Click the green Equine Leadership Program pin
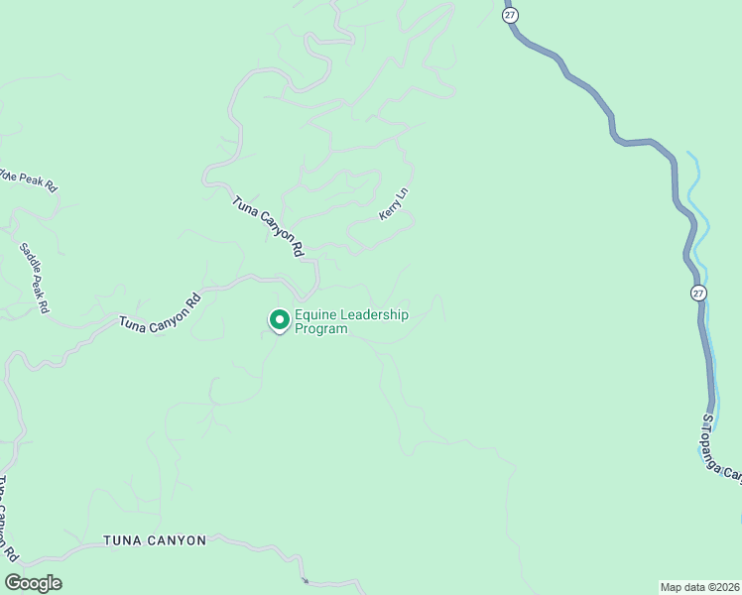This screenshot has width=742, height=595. click(x=279, y=319)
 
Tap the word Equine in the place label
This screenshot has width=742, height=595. click(x=316, y=314)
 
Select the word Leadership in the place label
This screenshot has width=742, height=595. click(x=374, y=314)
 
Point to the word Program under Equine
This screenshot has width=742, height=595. click(x=321, y=329)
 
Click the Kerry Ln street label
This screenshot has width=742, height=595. click(x=394, y=203)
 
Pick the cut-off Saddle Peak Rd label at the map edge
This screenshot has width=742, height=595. click(x=30, y=180)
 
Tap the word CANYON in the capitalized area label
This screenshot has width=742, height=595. click(x=178, y=540)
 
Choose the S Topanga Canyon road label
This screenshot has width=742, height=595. click(x=722, y=446)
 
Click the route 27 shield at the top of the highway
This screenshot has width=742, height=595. click(x=510, y=15)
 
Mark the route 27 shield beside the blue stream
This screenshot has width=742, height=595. click(x=699, y=293)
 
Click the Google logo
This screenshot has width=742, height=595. click(x=34, y=583)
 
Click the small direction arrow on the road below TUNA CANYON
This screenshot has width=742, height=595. click(x=306, y=580)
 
